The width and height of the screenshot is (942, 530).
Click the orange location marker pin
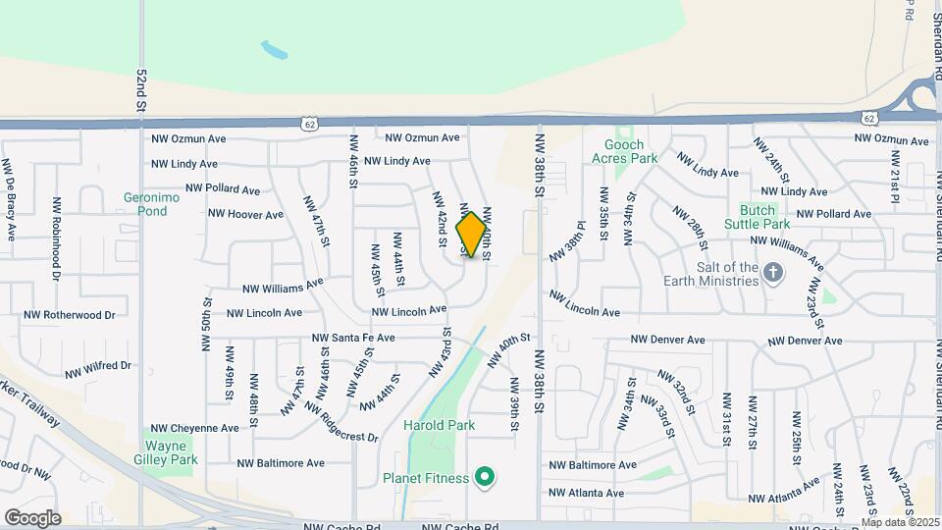472,235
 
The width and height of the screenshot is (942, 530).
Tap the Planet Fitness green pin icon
483,478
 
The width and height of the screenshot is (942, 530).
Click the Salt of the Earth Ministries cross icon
773,273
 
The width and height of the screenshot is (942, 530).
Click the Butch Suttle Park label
758,217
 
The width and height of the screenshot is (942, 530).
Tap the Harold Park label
439,425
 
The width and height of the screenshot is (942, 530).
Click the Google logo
32,517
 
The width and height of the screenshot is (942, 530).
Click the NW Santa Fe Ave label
353,338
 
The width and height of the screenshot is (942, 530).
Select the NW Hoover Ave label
246,213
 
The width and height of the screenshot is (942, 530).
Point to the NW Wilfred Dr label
97,370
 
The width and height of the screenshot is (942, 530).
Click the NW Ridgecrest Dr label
340,422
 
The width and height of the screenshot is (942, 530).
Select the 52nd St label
141,89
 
